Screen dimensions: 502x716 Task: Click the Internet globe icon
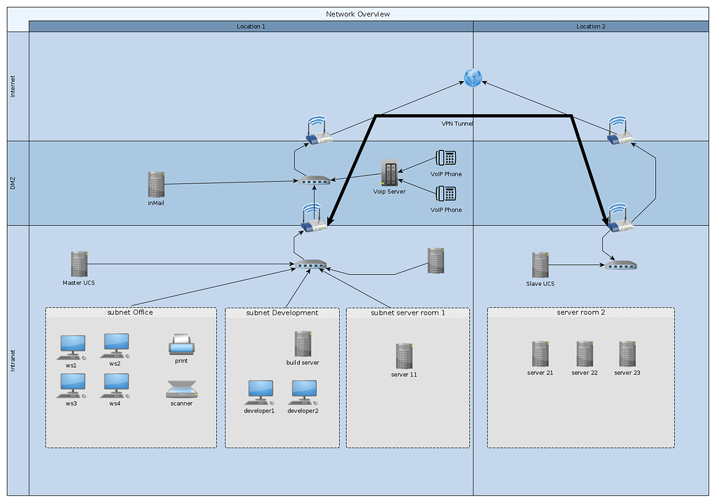tap(473, 78)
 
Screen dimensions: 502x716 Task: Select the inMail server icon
tap(156, 184)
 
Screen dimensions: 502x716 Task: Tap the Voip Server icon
tap(389, 173)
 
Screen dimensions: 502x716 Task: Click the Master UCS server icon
tap(78, 264)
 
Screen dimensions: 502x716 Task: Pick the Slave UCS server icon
tap(539, 265)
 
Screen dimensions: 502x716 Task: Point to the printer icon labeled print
tap(181, 345)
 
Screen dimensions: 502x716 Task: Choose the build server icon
tap(303, 344)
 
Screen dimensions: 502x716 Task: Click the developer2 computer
tap(303, 393)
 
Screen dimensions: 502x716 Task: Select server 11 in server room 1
tap(403, 356)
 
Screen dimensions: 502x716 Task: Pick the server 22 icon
tap(585, 354)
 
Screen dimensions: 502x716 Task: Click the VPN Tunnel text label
tap(457, 124)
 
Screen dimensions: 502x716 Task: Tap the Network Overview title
tap(358, 14)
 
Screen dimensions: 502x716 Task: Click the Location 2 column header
tap(591, 26)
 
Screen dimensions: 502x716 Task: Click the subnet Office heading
tap(130, 313)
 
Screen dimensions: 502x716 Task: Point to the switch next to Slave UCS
tap(621, 266)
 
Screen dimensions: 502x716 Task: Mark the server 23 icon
tap(627, 354)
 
